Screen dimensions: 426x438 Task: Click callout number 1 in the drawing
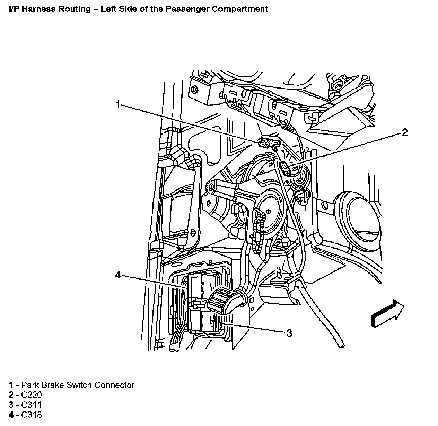118,104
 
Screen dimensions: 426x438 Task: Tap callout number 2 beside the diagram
404,132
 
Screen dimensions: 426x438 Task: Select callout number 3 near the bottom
289,333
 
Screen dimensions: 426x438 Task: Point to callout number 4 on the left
118,275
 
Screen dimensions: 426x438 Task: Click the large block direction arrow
387,313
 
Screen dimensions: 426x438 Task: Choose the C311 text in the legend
32,405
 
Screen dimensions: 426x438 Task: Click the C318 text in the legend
32,415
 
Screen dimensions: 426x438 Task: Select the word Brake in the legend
52,385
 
